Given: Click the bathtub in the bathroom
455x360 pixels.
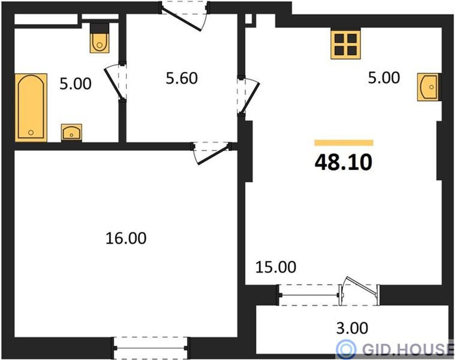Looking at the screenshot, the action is click(x=31, y=108).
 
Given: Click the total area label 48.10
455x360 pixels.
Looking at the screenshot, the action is click(x=343, y=162).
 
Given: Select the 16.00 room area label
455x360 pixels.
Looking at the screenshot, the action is click(x=126, y=238).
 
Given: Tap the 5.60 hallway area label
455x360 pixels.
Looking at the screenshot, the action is click(x=182, y=78).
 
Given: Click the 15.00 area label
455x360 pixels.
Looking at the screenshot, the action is click(x=276, y=267).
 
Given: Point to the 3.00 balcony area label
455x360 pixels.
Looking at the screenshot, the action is click(x=352, y=328).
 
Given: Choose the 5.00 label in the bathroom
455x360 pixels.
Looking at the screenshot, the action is click(x=75, y=84).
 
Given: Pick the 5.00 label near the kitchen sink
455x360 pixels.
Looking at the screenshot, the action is click(x=384, y=78).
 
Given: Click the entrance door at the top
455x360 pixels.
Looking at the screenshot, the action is click(x=184, y=16).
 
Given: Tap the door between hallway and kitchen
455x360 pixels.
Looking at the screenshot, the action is click(x=248, y=96).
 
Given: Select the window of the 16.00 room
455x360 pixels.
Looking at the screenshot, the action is click(x=150, y=348).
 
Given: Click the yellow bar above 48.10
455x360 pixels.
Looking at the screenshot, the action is click(x=344, y=143).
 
